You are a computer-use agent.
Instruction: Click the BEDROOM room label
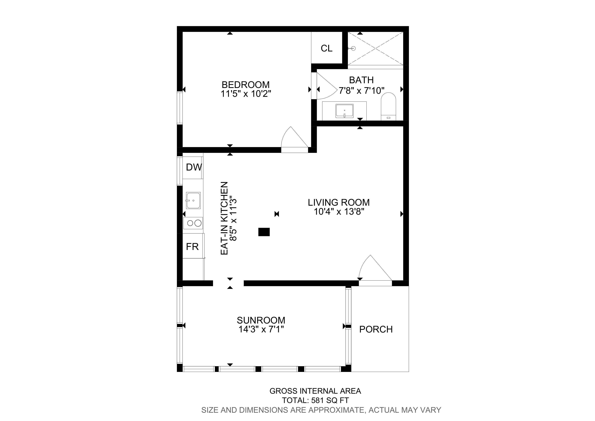[x=245, y=85]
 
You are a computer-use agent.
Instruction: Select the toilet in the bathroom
[x=388, y=106]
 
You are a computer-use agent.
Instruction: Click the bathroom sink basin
[x=344, y=111]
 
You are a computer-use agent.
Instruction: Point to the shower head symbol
[x=352, y=48]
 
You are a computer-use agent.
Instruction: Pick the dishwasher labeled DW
[x=193, y=167]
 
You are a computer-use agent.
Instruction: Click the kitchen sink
[x=193, y=200]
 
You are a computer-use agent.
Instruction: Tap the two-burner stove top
[x=193, y=223]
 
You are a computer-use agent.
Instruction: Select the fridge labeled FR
[x=193, y=246]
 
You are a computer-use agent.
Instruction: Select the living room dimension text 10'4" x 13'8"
[x=339, y=212]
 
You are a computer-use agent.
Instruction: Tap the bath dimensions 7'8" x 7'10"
[x=361, y=91]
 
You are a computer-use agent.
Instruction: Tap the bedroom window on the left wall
[x=180, y=108]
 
